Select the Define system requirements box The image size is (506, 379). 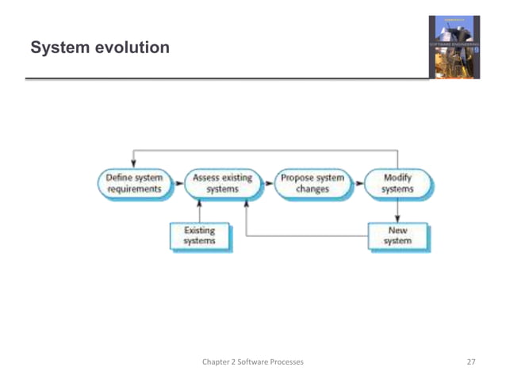tap(134, 184)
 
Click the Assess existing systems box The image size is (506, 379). tap(223, 184)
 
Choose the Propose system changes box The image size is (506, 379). tap(312, 184)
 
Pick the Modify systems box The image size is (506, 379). tap(397, 184)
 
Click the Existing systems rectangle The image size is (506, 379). tap(199, 235)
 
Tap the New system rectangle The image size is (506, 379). tap(397, 235)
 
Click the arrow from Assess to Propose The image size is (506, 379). tap(267, 184)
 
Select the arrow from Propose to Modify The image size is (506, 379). tap(358, 184)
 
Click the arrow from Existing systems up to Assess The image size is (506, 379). tap(199, 211)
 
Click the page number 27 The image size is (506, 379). tap(470, 362)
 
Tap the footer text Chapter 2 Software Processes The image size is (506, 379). tap(252, 362)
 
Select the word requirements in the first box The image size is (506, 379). tap(134, 190)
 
